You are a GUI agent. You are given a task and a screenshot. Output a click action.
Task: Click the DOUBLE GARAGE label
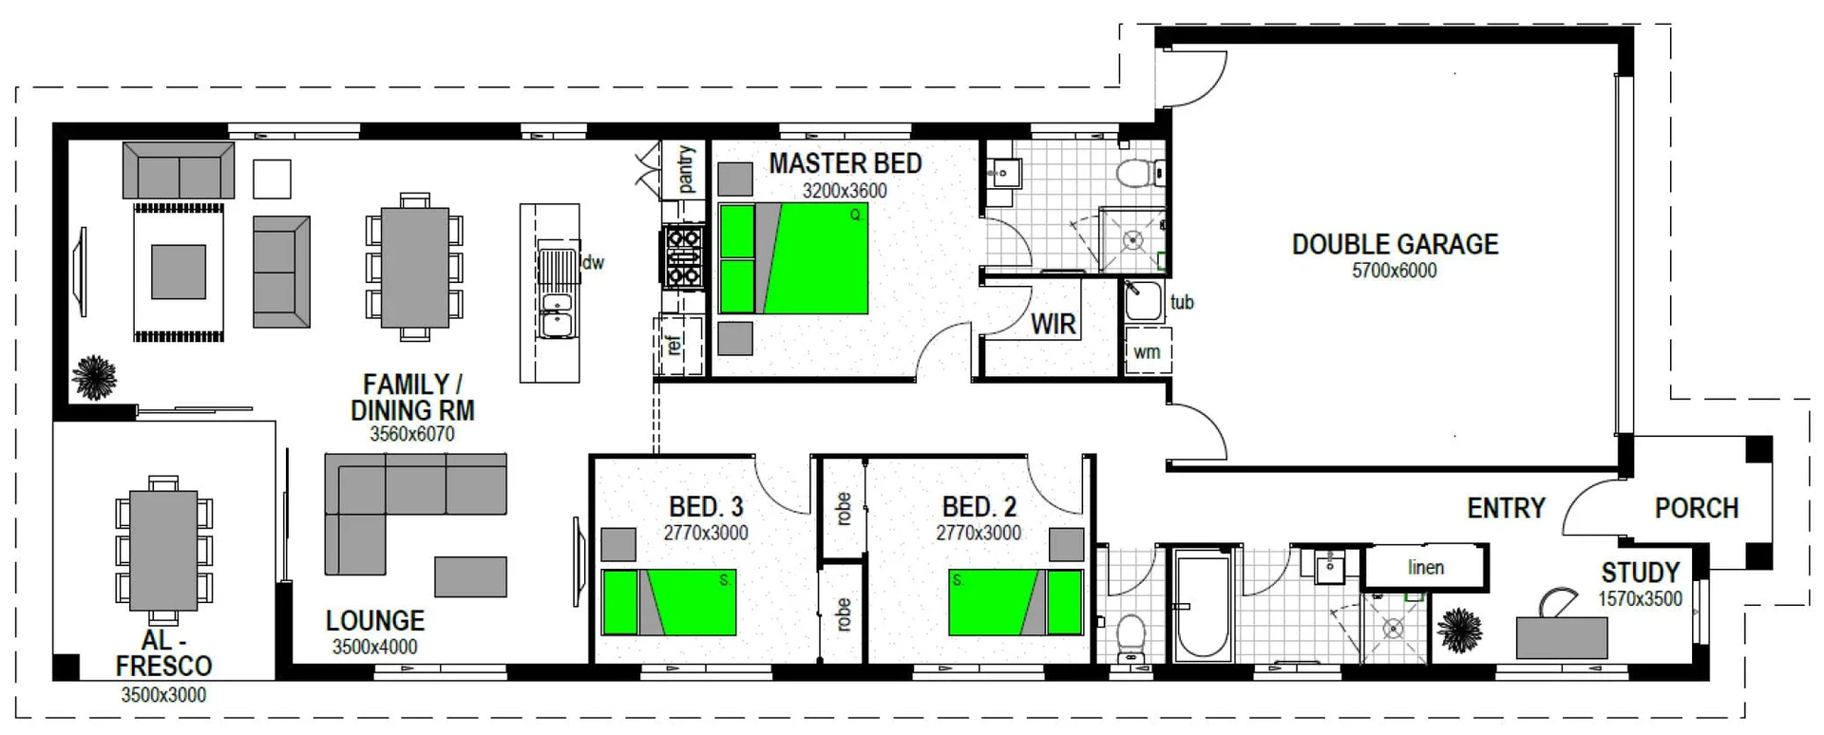click(1395, 244)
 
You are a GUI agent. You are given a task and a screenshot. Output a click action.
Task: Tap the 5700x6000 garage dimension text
click(1395, 271)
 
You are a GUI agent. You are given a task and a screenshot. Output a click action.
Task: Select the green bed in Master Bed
click(794, 258)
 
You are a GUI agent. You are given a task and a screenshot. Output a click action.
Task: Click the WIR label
click(1054, 325)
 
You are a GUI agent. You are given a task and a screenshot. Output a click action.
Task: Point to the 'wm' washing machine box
click(1147, 351)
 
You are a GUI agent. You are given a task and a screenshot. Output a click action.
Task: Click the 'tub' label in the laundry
click(1182, 302)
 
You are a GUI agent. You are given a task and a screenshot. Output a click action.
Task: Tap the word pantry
click(687, 169)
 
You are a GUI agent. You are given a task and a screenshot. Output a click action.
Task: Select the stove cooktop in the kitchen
click(683, 255)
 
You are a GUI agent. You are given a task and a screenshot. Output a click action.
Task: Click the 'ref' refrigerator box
click(675, 344)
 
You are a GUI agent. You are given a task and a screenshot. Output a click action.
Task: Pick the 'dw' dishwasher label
click(594, 262)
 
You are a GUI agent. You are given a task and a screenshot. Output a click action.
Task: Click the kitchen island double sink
click(556, 316)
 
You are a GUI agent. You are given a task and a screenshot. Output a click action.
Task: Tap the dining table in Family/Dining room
click(414, 267)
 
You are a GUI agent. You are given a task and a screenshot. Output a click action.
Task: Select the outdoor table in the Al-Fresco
click(163, 550)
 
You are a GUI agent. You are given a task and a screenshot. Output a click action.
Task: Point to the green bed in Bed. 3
click(669, 602)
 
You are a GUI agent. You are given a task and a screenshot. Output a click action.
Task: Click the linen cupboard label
click(1425, 567)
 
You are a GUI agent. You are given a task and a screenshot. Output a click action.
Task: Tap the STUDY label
click(1640, 573)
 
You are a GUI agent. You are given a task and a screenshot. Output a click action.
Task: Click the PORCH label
click(1696, 508)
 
